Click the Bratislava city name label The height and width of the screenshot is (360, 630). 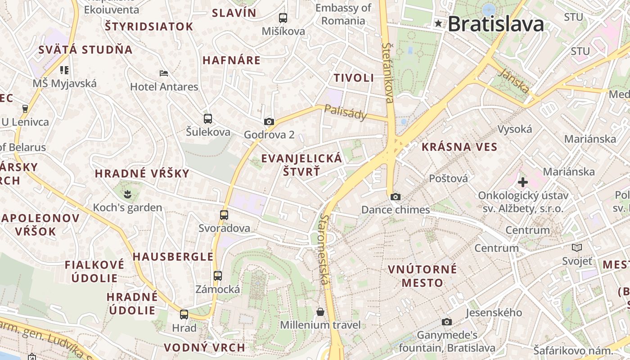point(496,24)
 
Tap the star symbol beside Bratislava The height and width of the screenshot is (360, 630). point(438,23)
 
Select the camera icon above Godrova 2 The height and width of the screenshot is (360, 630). point(269,121)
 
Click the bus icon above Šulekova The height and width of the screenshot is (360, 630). point(207,119)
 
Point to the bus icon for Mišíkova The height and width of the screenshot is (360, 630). point(283,18)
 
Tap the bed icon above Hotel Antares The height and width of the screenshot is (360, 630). point(164,73)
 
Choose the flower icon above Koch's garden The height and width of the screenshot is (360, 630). point(128,194)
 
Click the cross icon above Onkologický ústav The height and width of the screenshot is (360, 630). point(522,182)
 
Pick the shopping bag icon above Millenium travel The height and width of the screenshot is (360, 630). point(320,312)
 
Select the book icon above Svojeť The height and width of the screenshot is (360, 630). point(577,247)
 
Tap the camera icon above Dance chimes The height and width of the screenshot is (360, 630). point(396,197)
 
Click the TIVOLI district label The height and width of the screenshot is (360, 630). point(354,78)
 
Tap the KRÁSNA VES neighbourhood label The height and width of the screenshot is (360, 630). point(459,147)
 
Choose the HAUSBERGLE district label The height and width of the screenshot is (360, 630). point(173,257)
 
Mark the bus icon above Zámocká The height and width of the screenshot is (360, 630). point(218,275)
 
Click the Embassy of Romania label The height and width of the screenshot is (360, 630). point(343,14)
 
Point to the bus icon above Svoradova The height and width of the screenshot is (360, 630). point(224,215)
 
